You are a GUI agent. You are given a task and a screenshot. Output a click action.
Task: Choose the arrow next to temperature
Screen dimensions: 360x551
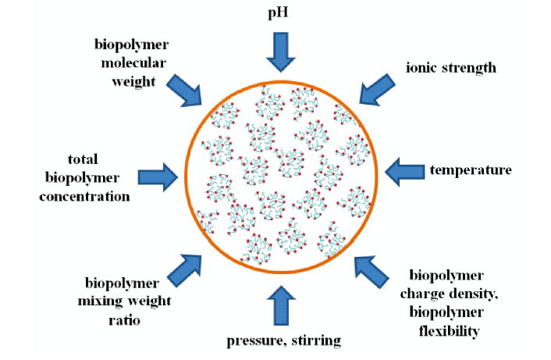(x=405, y=171)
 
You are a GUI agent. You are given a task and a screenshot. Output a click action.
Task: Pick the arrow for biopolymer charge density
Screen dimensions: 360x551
(x=371, y=272)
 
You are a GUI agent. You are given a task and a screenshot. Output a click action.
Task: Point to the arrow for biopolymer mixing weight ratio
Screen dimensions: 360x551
(x=187, y=270)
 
